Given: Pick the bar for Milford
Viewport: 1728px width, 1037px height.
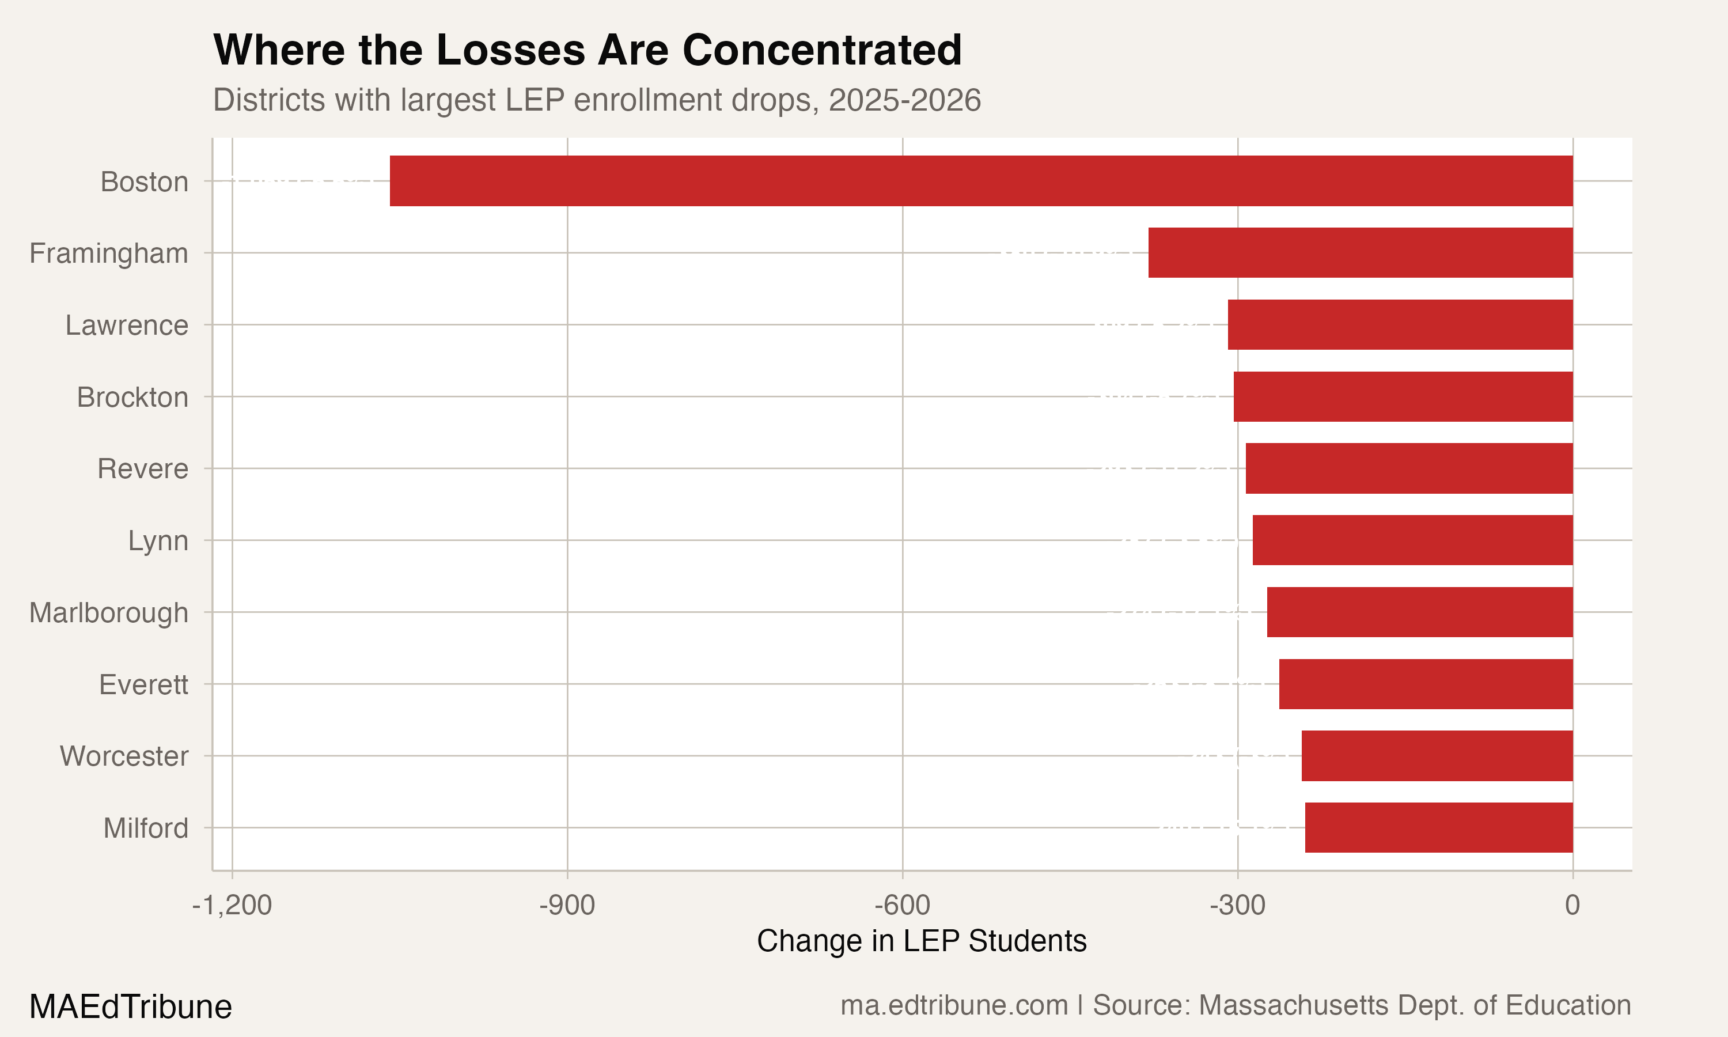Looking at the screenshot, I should click(1438, 827).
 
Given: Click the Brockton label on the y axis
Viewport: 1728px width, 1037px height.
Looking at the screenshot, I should click(132, 397).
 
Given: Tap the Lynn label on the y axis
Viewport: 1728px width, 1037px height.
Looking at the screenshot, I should click(158, 541).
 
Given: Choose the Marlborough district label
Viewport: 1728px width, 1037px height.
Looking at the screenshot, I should click(108, 613).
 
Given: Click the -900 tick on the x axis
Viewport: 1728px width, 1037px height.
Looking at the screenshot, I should click(567, 906).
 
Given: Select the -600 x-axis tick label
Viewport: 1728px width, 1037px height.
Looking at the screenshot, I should click(903, 906).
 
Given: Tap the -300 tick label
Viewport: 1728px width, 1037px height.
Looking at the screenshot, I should click(1238, 906).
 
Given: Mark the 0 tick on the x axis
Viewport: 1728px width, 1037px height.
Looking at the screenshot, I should click(1572, 906).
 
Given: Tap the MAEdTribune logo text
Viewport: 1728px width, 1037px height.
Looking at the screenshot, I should click(131, 1007).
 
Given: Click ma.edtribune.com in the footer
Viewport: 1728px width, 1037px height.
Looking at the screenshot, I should click(953, 1005).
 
